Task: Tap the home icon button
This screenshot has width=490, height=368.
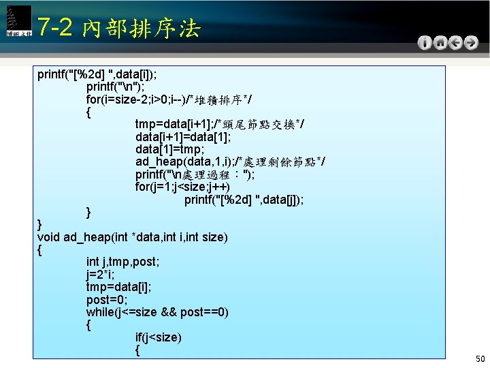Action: [x=440, y=42]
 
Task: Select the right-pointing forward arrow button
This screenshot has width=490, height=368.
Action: [x=470, y=42]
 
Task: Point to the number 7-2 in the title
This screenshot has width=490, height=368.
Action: [x=56, y=27]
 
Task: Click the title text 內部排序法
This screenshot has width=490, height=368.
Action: [x=140, y=29]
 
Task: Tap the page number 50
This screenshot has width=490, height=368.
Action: [x=480, y=358]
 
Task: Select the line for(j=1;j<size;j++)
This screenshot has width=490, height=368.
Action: [x=182, y=187]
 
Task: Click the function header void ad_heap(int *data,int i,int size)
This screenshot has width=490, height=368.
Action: [x=133, y=237]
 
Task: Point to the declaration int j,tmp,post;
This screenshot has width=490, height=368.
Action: [x=122, y=262]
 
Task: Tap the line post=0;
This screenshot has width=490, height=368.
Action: [x=107, y=300]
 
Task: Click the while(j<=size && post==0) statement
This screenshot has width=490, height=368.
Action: [x=157, y=312]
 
